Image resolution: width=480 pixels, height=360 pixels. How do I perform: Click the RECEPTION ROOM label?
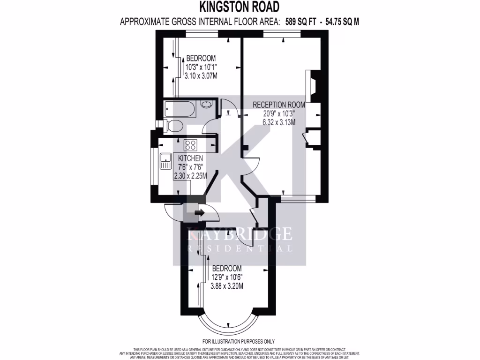[x=279, y=105]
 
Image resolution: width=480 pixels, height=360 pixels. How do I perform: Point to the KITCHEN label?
[x=190, y=158]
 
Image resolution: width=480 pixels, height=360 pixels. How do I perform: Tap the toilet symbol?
[x=174, y=126]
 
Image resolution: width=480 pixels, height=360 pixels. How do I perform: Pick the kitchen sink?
[x=166, y=161]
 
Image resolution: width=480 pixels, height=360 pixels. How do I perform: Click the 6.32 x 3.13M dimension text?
[x=279, y=122]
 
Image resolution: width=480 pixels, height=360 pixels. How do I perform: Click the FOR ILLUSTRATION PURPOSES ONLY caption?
[x=239, y=341]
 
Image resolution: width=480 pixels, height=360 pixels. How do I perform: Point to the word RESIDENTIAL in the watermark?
[x=240, y=249]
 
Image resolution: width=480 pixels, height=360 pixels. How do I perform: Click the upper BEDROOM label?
[x=201, y=58]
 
